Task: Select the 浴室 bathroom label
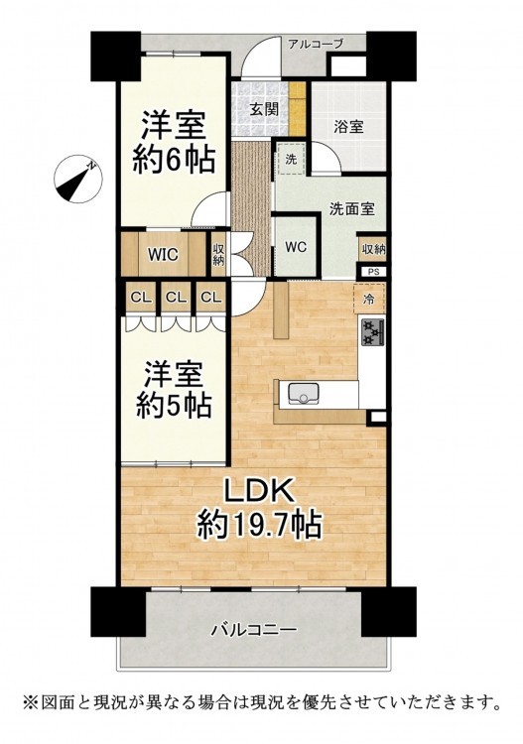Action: pyautogui.click(x=348, y=127)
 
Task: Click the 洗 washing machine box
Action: pyautogui.click(x=291, y=159)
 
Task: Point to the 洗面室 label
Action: pyautogui.click(x=352, y=208)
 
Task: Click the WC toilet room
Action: pyautogui.click(x=296, y=247)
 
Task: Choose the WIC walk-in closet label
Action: pyautogui.click(x=163, y=255)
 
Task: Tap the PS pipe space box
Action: pyautogui.click(x=373, y=272)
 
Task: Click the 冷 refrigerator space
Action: pyautogui.click(x=369, y=299)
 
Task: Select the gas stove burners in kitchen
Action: pyautogui.click(x=373, y=332)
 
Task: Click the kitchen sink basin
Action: pyautogui.click(x=304, y=394)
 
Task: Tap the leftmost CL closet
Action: pyautogui.click(x=141, y=298)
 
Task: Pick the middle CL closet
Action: pyautogui.click(x=176, y=298)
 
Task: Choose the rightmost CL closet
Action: pyautogui.click(x=210, y=298)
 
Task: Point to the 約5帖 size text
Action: pyautogui.click(x=174, y=405)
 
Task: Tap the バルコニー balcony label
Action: pyautogui.click(x=254, y=630)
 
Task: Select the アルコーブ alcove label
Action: pyautogui.click(x=316, y=45)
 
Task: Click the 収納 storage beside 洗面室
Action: pyautogui.click(x=373, y=249)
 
